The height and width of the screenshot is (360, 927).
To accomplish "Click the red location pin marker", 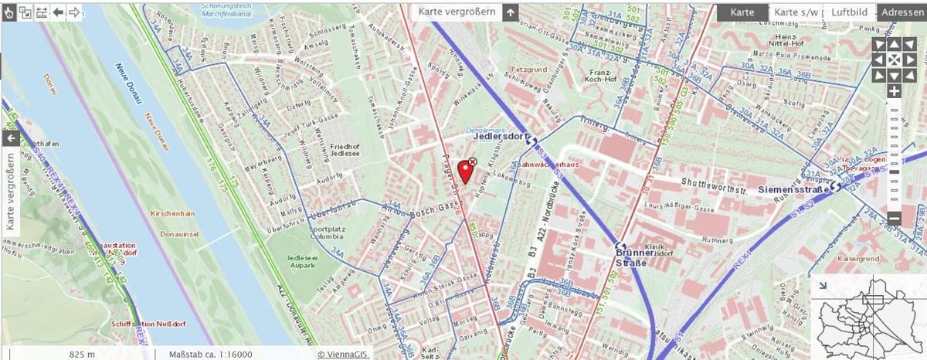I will [465, 169].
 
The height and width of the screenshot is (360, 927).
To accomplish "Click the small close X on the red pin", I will [473, 161].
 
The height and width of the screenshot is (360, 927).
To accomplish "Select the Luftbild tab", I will [849, 12].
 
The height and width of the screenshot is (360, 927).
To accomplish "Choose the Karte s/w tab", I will [796, 12].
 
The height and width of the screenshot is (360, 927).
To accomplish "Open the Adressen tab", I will [902, 12].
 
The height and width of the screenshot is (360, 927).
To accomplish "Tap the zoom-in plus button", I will [894, 91].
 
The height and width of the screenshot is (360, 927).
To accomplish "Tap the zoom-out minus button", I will [894, 219].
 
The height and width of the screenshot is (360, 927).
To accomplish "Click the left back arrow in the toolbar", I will [58, 12].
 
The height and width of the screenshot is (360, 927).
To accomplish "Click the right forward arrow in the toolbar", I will [74, 12].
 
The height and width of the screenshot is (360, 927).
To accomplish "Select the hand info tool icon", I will [8, 12].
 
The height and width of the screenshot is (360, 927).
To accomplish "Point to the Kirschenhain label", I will [172, 211].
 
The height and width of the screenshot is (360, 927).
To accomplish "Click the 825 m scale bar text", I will [82, 354].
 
